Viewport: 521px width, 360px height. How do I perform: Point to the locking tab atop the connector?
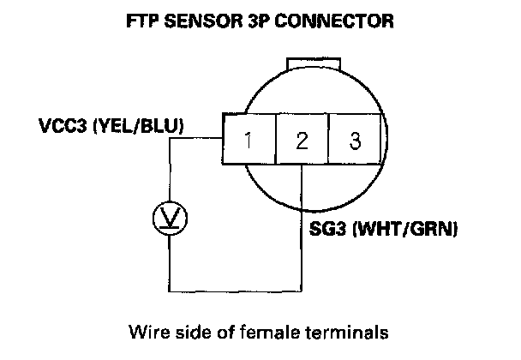tap(314, 65)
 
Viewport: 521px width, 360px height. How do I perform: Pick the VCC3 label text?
tap(69, 127)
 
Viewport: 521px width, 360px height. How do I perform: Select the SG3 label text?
tap(326, 230)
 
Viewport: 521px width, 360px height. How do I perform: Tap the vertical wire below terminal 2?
tap(302, 231)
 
